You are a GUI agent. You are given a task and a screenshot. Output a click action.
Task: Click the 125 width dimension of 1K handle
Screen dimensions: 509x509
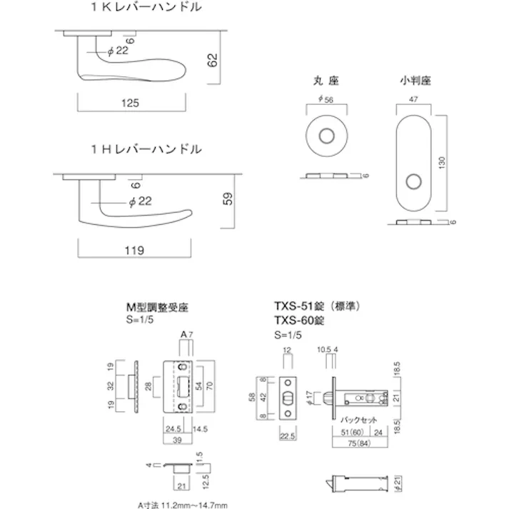[x=129, y=104]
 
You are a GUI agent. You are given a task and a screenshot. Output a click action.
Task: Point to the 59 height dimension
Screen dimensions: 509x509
[x=228, y=199]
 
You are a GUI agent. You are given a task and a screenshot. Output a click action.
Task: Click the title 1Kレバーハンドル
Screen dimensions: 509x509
[x=146, y=9]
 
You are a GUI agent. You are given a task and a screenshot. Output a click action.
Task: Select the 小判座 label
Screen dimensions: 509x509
[x=413, y=81]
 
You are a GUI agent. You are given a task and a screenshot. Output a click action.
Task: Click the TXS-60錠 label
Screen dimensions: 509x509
[x=299, y=322]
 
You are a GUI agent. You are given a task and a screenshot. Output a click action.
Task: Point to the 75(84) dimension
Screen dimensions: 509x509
[x=353, y=443]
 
